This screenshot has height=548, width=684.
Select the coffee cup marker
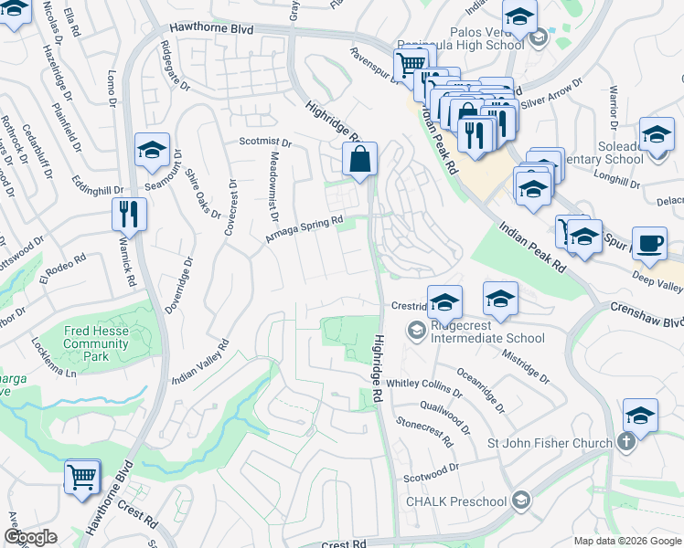pos(649,243)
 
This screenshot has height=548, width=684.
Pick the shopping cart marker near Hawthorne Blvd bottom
pos(82,476)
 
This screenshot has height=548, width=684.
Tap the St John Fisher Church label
pos(549,444)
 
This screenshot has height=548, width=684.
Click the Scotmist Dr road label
pos(264,142)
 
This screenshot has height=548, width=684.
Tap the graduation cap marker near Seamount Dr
pos(152,150)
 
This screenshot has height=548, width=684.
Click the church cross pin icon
pos(625,443)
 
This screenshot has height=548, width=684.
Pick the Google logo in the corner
pos(30,537)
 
